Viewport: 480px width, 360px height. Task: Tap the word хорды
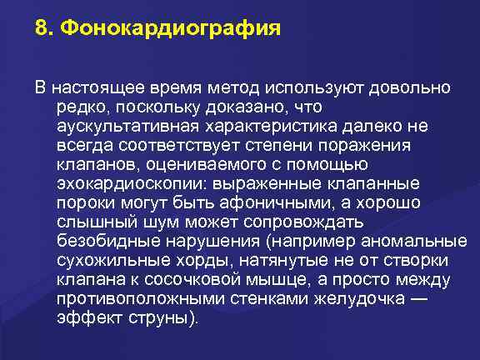coord(167,260)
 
